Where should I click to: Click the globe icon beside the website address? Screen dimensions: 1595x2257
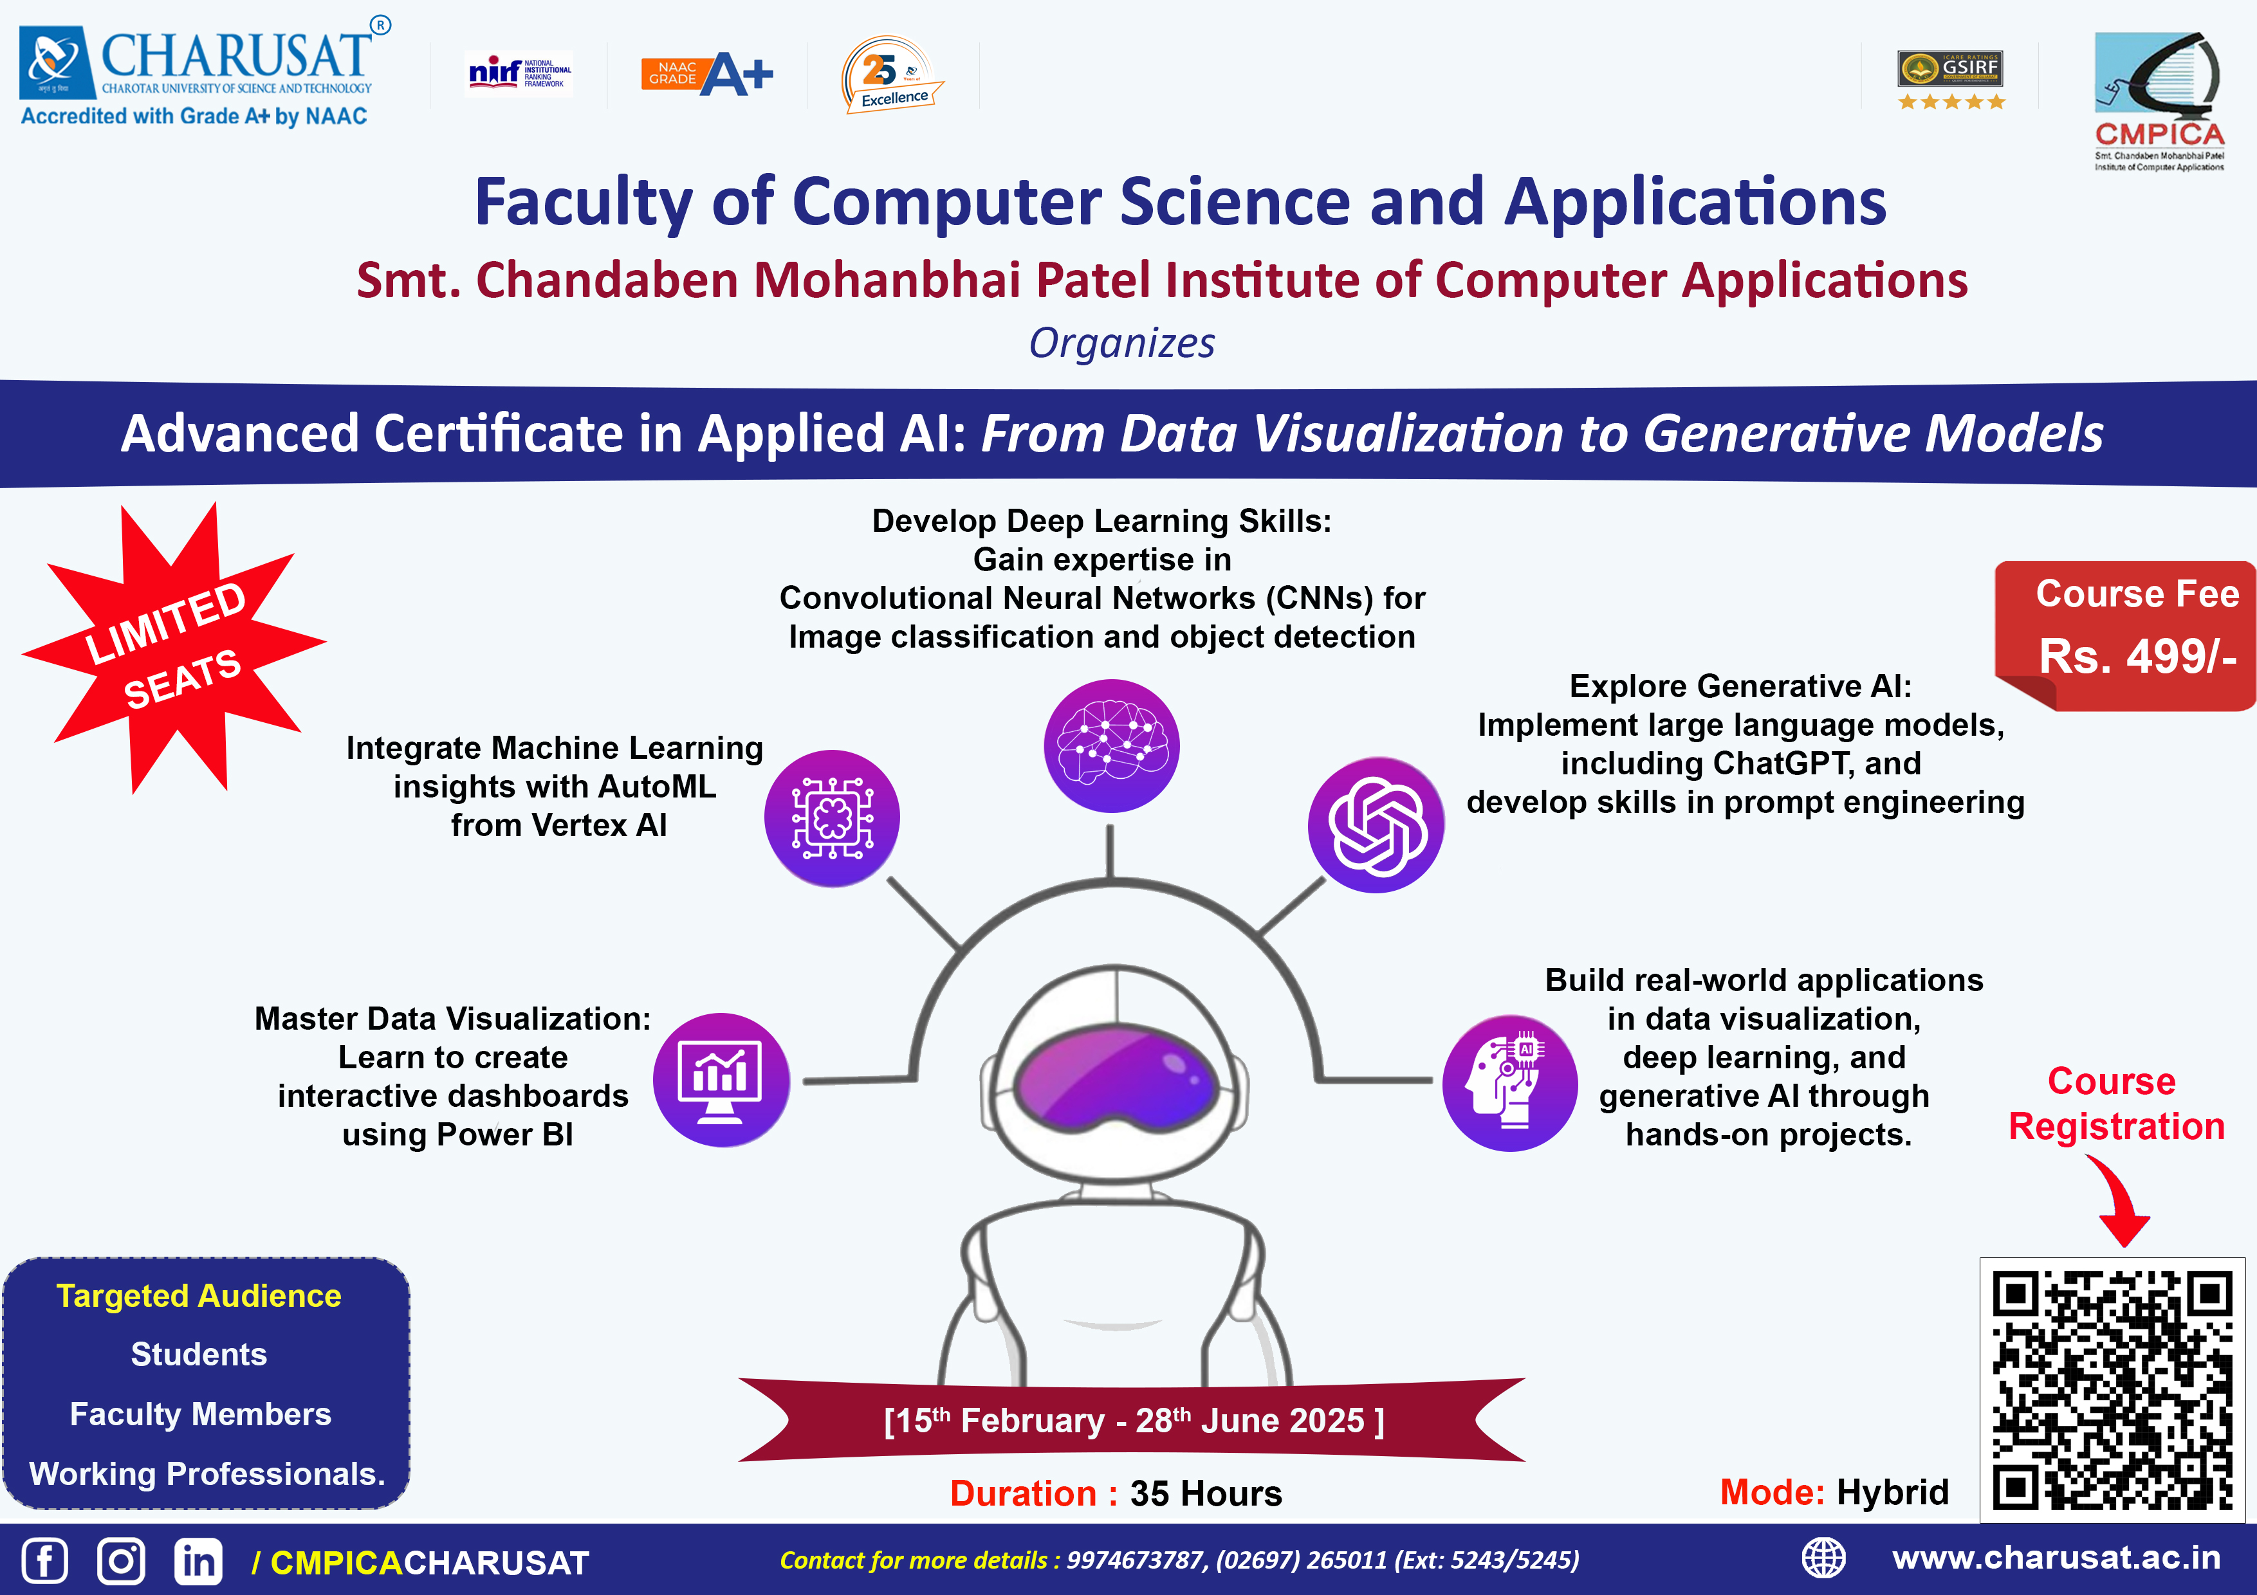click(x=1823, y=1558)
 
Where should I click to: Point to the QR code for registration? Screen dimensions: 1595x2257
click(x=2112, y=1390)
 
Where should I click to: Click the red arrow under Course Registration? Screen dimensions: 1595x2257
click(x=2121, y=1200)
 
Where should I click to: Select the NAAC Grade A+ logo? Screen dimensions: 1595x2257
click(x=707, y=75)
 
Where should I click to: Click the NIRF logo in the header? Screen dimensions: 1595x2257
click(x=519, y=73)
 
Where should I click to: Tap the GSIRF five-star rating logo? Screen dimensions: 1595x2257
click(x=1950, y=78)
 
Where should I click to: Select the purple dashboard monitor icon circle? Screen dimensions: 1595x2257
click(x=721, y=1080)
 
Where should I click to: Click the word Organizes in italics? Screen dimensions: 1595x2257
click(x=1121, y=343)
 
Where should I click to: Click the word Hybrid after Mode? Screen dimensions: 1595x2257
click(x=1892, y=1492)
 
